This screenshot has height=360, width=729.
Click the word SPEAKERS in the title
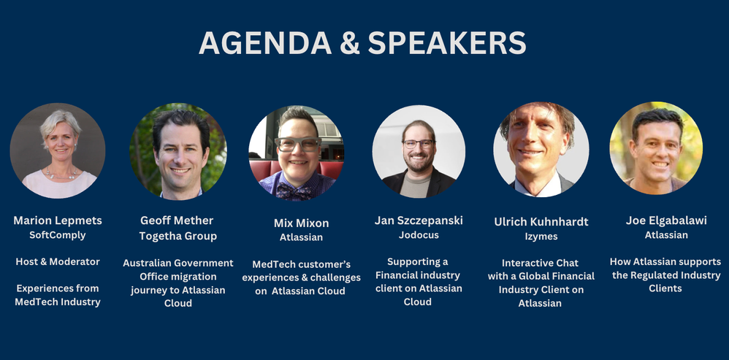[447, 44]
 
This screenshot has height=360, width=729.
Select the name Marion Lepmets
[58, 221]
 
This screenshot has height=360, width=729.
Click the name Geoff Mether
[178, 221]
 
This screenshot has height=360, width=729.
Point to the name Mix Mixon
[301, 223]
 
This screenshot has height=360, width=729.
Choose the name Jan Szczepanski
[419, 221]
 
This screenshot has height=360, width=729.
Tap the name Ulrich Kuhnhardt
[541, 221]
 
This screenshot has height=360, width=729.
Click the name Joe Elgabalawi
[664, 220]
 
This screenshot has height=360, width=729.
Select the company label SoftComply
[58, 235]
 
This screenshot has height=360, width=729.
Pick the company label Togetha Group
[178, 236]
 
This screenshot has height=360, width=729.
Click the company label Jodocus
[419, 235]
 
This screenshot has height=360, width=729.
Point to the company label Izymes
[541, 237]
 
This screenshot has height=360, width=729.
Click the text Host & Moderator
[58, 261]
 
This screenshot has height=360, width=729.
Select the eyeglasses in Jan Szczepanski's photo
[419, 144]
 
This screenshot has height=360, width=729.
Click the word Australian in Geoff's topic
[150, 263]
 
